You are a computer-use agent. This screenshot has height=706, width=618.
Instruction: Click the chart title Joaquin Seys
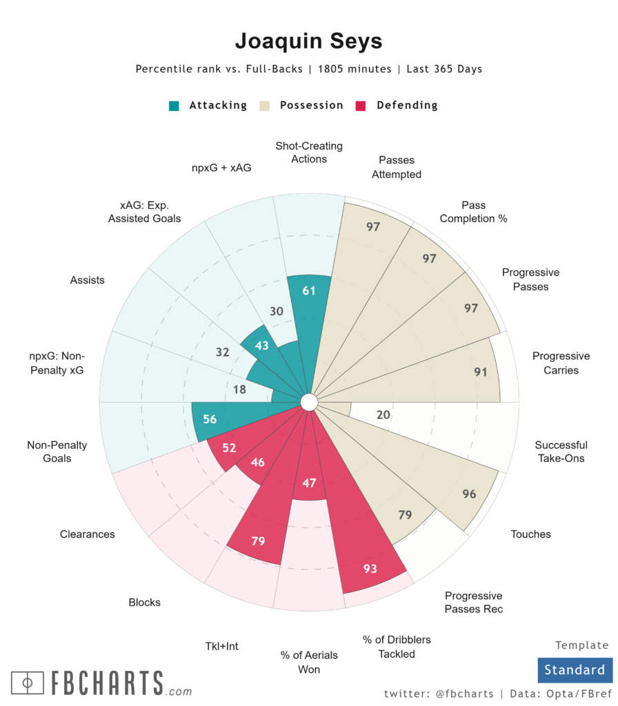[308, 41]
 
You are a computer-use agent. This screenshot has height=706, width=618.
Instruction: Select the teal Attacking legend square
[175, 106]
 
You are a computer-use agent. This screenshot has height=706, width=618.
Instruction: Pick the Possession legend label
[311, 105]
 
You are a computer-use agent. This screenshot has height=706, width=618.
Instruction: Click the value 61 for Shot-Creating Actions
[309, 291]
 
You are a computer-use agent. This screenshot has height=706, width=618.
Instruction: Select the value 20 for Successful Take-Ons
[384, 415]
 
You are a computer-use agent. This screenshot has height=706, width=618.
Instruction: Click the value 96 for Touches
[469, 494]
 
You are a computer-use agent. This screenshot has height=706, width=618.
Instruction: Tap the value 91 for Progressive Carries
[481, 372]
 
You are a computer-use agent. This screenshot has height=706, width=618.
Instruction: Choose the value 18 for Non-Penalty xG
[240, 390]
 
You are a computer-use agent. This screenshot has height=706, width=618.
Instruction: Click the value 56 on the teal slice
[210, 419]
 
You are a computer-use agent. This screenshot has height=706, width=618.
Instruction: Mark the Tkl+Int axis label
[221, 647]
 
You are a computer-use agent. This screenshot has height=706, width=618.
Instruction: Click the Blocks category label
[144, 603]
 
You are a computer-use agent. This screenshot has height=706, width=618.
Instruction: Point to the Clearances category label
[88, 534]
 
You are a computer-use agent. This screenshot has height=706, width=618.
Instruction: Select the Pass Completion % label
[473, 212]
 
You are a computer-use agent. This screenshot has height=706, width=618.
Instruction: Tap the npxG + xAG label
[222, 166]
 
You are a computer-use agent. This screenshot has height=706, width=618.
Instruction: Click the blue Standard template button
[574, 669]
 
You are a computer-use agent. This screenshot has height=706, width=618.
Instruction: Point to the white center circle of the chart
[308, 401]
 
